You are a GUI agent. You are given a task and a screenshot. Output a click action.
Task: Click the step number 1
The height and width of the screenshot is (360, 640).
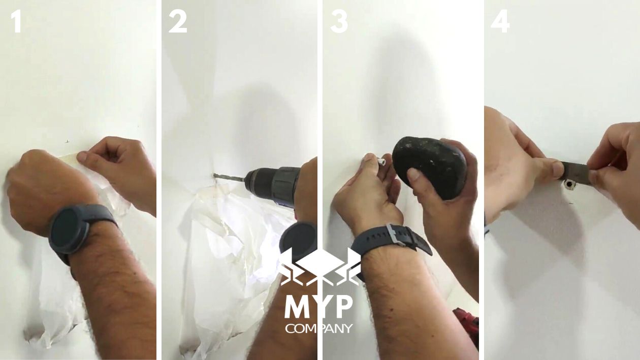pyautogui.click(x=17, y=21)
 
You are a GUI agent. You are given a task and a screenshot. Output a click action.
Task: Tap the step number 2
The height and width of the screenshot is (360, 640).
pyautogui.click(x=177, y=21)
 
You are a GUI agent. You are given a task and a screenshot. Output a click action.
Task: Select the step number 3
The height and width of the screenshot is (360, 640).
pyautogui.click(x=339, y=21)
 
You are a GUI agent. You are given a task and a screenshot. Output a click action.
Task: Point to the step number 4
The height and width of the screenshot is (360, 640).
pyautogui.click(x=500, y=21)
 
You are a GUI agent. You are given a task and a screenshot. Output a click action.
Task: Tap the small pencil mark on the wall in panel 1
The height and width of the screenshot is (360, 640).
pyautogui.click(x=67, y=141)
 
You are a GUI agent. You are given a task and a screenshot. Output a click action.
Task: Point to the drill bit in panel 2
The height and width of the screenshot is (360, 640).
pyautogui.click(x=229, y=177)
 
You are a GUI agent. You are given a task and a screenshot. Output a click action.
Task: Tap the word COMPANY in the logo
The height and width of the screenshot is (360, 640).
pyautogui.click(x=318, y=329)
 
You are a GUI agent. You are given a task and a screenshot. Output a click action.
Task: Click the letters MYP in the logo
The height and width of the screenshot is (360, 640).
pyautogui.click(x=318, y=307)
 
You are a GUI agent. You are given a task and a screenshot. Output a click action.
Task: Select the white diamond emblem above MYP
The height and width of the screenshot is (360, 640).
pyautogui.click(x=319, y=264)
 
